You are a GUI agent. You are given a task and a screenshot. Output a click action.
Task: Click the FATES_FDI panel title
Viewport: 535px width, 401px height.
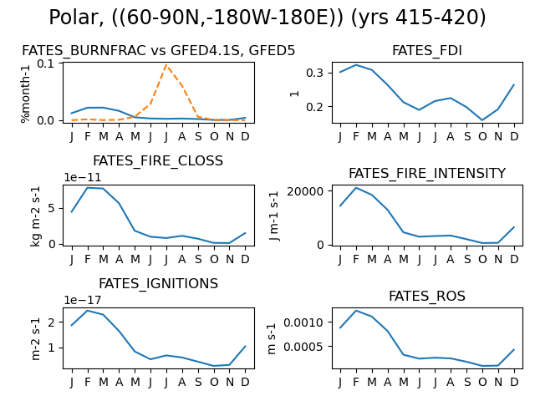pos(427,50)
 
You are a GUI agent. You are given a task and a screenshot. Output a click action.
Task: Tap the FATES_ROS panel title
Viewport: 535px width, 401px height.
pos(427,296)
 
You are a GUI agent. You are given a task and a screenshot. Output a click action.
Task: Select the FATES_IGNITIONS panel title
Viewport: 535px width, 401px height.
pos(158,284)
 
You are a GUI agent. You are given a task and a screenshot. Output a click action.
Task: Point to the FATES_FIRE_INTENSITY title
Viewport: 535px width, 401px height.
pos(427,173)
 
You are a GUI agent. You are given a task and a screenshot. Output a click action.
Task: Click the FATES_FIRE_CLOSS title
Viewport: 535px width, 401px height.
pos(158,161)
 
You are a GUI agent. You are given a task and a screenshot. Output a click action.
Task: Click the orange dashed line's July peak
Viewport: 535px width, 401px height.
pos(166,64)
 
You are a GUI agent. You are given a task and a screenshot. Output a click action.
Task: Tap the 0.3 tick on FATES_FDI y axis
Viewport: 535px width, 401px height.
pos(314,73)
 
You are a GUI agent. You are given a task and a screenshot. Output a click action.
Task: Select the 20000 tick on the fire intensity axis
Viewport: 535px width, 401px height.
pos(305,191)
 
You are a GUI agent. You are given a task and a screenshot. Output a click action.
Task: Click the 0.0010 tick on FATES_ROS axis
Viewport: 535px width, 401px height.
pos(303,322)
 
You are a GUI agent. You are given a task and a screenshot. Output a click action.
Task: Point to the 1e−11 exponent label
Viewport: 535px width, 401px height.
pos(83,177)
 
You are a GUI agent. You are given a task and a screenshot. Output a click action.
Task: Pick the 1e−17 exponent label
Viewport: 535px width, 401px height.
pos(83,300)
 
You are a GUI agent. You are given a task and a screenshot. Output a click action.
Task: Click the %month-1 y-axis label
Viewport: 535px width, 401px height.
pos(26,93)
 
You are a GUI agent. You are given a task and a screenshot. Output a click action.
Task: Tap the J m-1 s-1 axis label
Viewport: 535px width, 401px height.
pos(273,216)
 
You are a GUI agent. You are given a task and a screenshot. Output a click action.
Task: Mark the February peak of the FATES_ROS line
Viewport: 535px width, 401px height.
pos(356,311)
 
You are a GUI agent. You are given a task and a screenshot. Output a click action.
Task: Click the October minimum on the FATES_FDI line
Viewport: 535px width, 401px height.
pos(482,120)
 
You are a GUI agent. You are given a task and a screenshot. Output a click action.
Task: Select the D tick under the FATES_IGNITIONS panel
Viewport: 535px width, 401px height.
pos(245,383)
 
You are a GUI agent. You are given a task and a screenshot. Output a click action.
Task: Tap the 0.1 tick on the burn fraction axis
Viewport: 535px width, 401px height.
pos(46,63)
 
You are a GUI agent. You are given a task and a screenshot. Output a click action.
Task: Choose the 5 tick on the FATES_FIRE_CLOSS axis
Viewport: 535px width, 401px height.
pos(51,208)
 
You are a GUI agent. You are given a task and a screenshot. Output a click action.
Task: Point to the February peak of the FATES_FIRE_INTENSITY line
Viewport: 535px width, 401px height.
pos(356,187)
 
